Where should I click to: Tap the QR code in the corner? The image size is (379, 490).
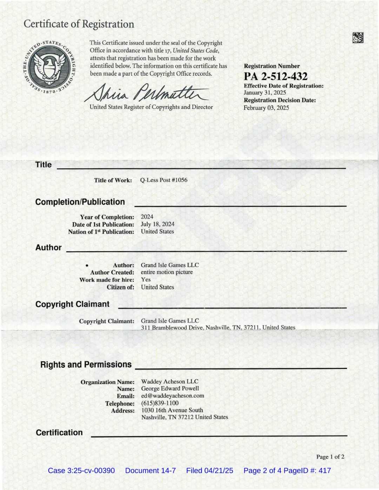pos(358,38)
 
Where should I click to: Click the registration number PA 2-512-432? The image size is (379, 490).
pos(275,76)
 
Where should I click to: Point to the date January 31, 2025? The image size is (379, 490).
pos(265,93)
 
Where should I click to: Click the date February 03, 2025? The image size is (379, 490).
pos(266,108)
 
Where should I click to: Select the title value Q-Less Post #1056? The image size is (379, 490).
pos(164,180)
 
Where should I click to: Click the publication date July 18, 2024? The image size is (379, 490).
pos(158,224)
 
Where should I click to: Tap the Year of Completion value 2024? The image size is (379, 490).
pos(147,217)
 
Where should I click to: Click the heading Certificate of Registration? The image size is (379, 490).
pos(79,24)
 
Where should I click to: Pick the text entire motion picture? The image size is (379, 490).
pos(167,272)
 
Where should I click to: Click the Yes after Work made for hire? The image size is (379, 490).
pos(146,280)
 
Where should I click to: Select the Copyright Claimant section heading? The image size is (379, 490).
pos(72,304)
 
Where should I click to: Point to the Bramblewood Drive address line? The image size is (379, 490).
pos(218,327)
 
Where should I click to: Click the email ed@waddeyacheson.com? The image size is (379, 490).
pos(172,396)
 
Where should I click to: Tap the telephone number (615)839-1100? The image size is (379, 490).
pos(160,403)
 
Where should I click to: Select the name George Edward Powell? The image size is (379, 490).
pos(170,389)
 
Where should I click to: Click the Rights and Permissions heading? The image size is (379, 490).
pos(86,364)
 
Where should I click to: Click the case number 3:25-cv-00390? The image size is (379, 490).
pos(81,471)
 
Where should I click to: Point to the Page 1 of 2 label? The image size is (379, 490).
pos(330,457)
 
